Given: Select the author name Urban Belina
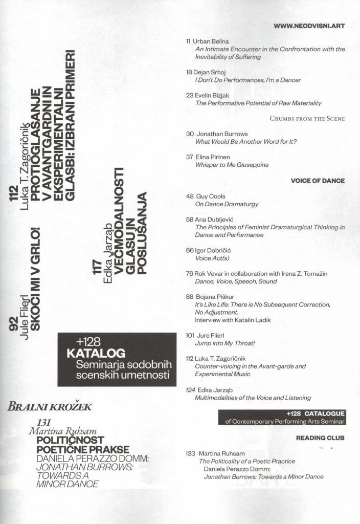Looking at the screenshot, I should (x=207, y=40).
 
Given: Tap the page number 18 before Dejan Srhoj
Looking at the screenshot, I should (x=189, y=72).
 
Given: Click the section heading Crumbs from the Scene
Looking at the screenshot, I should (x=307, y=119).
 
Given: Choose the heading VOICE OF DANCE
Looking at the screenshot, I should (x=318, y=181).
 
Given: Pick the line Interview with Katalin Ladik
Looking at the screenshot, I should (x=232, y=320).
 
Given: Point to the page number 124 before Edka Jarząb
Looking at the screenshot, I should (x=190, y=389).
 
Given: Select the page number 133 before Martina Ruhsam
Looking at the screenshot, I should (x=191, y=453).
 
